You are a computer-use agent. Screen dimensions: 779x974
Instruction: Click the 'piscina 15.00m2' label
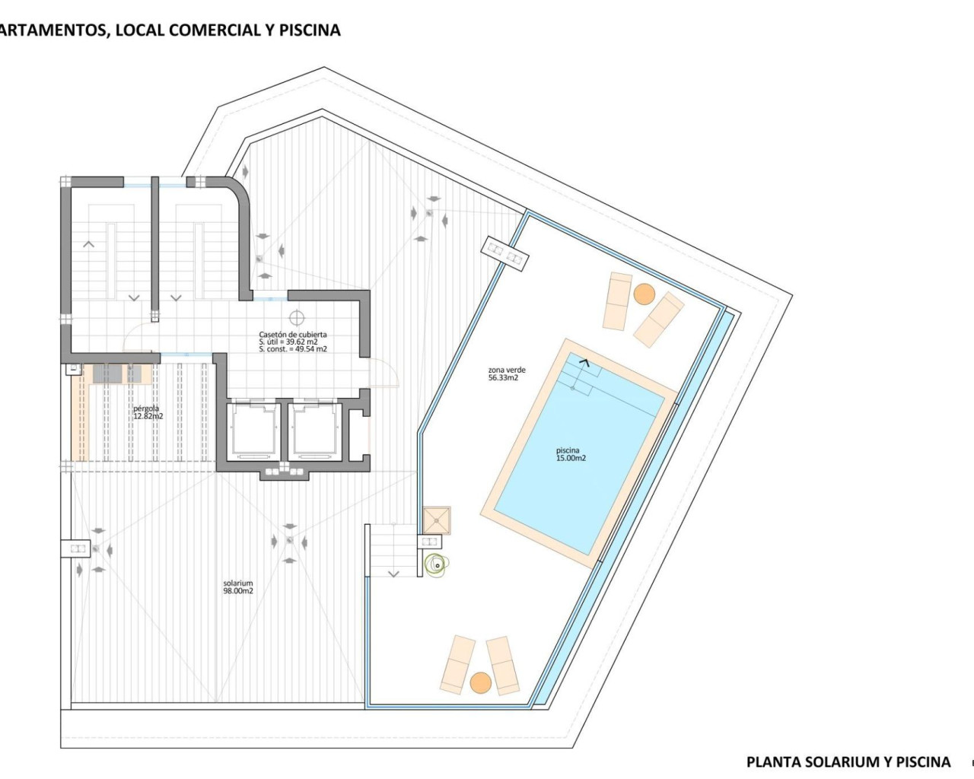pos(571,455)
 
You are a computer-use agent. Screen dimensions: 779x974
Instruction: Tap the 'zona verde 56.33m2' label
pos(506,374)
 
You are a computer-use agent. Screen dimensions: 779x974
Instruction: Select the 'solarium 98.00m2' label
pos(238,587)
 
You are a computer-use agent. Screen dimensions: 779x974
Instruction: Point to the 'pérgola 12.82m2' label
pos(148,412)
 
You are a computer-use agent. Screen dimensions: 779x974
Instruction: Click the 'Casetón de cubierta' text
pos(293,335)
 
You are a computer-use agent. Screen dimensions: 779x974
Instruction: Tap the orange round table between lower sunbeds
pos(480,682)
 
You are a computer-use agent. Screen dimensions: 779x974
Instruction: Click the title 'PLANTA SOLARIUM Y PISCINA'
pos(848,762)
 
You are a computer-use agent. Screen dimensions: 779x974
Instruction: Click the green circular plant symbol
pos(437,564)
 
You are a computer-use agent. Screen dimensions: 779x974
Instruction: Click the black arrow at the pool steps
pos(584,362)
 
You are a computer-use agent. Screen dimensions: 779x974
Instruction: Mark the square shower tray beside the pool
pos(436,520)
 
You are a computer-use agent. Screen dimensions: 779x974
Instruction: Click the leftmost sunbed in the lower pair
pos(458,664)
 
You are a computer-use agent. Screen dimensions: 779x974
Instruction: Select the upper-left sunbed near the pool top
pos(617,300)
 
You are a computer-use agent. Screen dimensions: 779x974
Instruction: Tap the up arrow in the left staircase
pos(89,244)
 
